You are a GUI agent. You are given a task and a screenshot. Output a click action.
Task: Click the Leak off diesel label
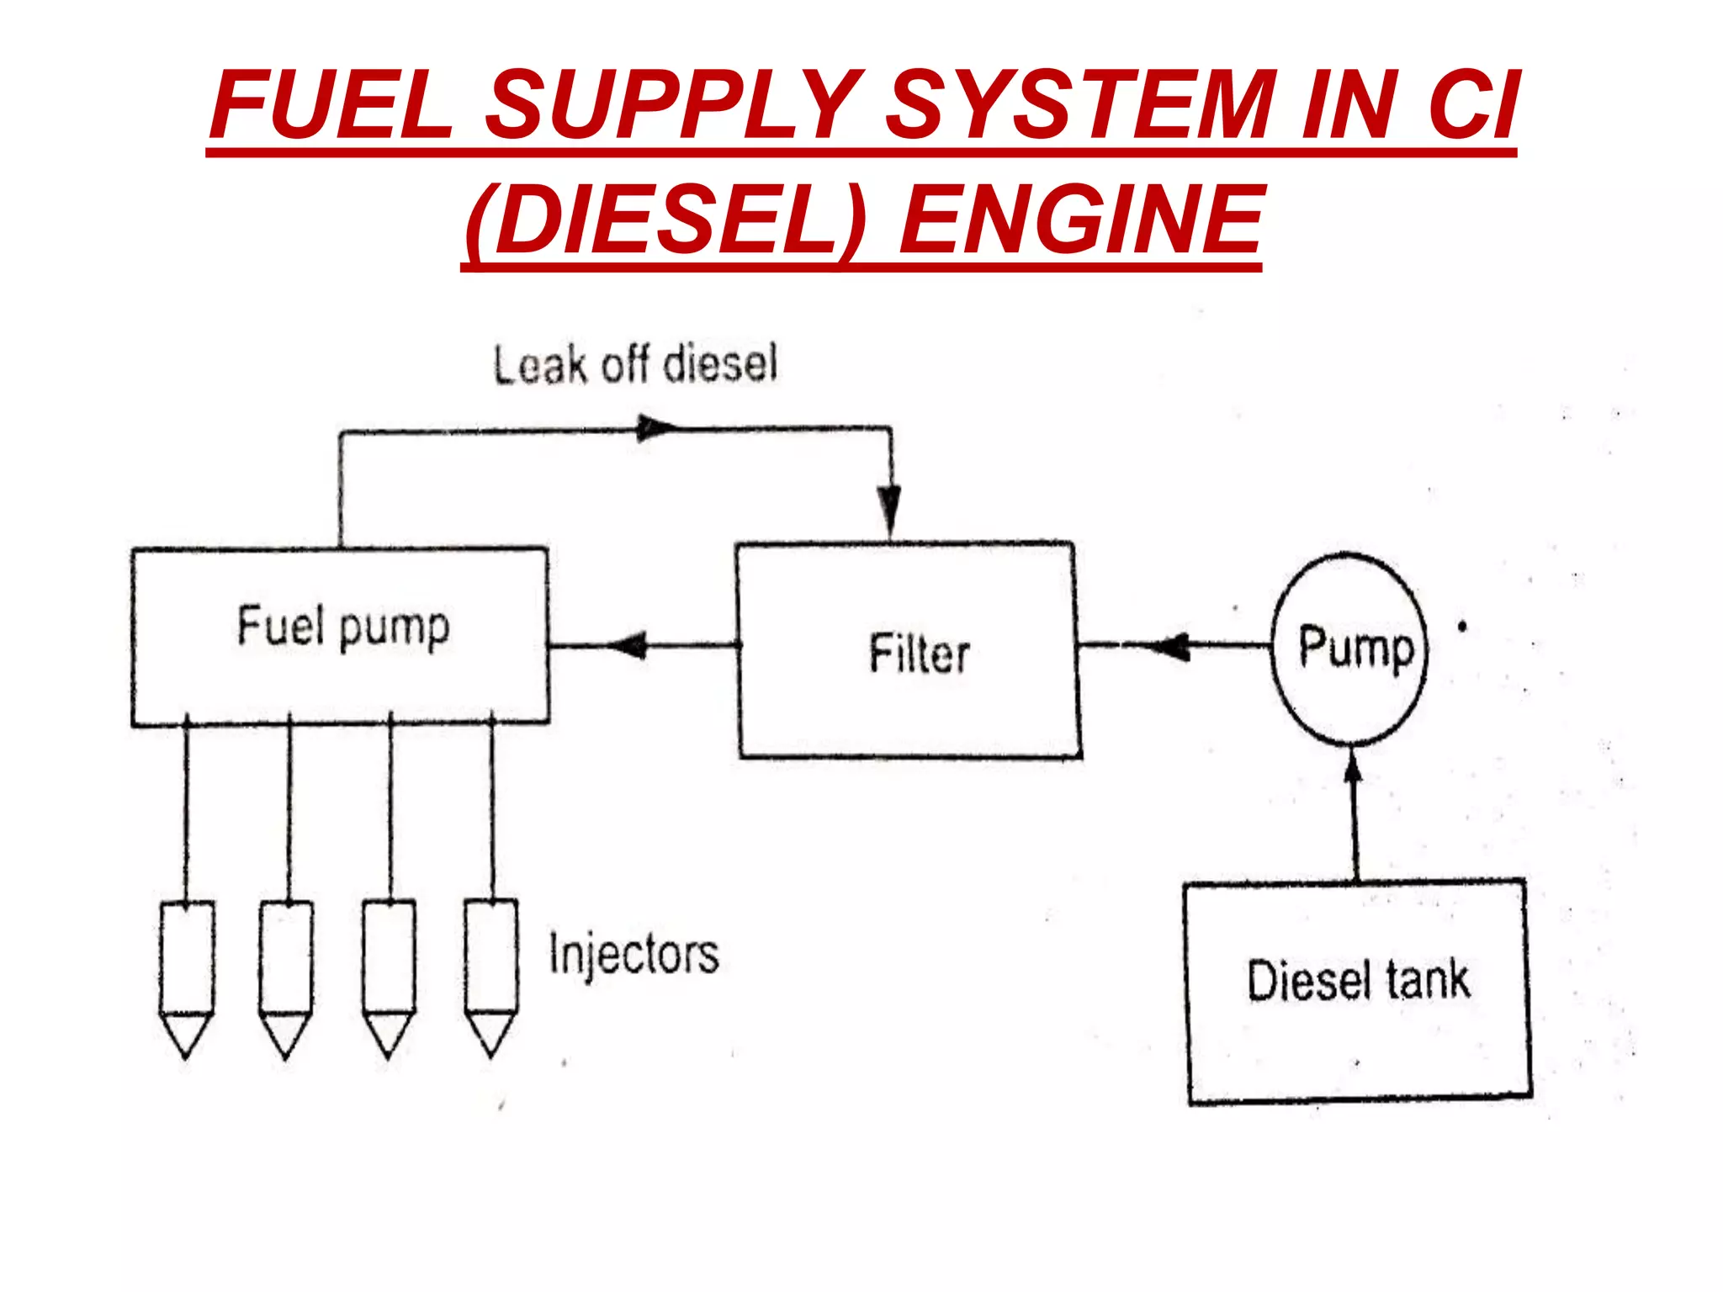tap(635, 365)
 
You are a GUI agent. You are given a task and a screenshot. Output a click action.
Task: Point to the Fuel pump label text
tap(343, 627)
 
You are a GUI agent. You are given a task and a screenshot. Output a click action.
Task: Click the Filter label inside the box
tap(919, 654)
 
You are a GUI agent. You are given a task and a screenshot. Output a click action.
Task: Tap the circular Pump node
tap(1349, 648)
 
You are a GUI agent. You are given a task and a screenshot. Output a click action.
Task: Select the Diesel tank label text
tap(1358, 981)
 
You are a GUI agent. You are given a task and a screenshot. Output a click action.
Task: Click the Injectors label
tap(634, 955)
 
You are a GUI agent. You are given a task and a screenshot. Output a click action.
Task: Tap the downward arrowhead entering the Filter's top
tap(890, 509)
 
